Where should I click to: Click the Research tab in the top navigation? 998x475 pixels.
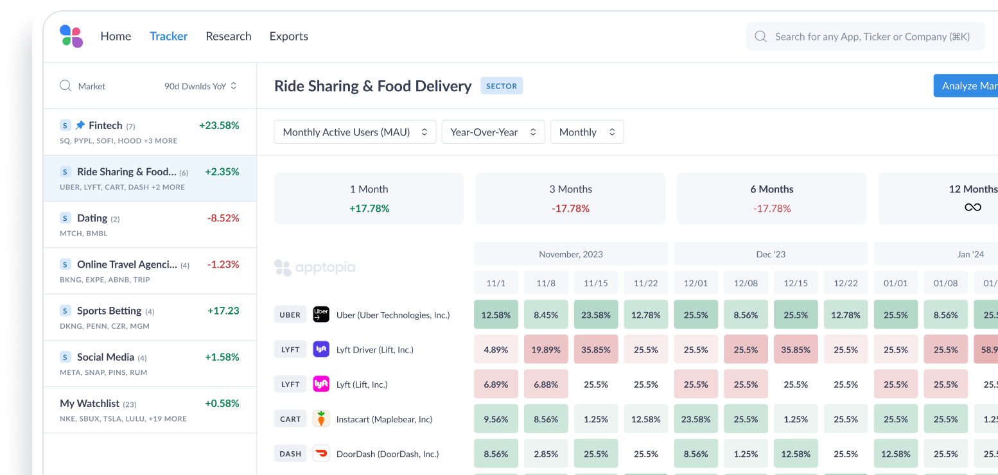228,37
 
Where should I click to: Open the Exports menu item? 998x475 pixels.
288,37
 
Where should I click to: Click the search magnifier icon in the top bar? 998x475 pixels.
760,37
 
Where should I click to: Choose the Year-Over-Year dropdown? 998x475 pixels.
493,132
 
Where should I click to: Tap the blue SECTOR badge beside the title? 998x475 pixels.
502,86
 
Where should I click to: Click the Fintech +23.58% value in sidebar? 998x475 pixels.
219,126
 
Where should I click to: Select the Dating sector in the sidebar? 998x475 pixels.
92,218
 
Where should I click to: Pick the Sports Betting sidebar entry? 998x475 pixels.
109,311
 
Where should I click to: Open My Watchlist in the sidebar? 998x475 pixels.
90,404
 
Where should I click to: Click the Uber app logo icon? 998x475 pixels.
321,315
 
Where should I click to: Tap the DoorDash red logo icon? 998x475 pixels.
321,454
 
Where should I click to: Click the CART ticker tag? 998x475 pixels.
290,419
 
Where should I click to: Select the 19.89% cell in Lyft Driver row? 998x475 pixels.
546,350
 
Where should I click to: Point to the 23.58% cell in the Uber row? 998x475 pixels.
596,315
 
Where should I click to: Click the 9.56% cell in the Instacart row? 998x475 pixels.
496,419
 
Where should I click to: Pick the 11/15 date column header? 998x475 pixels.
596,283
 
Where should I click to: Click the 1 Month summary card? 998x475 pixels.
369,198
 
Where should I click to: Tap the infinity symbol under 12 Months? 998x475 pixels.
972,207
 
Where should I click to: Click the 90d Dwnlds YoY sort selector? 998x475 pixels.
200,86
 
